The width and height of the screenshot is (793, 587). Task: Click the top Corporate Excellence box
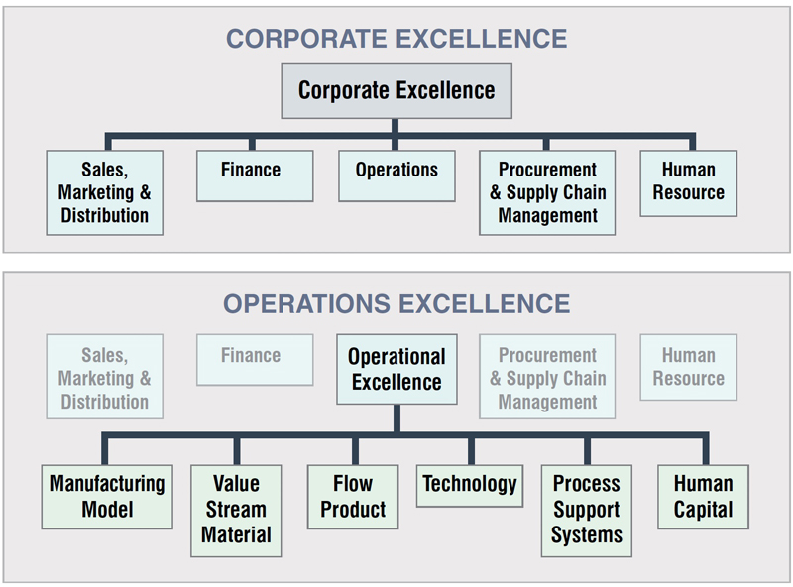pos(396,91)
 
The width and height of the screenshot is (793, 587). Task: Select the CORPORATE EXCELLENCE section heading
pos(396,39)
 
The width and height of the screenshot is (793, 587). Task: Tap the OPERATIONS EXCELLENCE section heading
pos(396,304)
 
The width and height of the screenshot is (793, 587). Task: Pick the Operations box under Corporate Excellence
pos(396,176)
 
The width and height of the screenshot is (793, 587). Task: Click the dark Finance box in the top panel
pos(255,176)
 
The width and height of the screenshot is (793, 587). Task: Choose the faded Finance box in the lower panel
pos(255,360)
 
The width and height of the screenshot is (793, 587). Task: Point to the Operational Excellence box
pos(397,369)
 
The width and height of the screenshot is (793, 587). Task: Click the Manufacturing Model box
pos(107,497)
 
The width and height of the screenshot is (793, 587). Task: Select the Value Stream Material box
pos(236,511)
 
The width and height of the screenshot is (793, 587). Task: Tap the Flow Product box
pos(353,497)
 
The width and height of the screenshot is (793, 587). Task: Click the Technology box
pos(470,486)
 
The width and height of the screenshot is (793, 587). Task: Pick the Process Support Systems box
pos(587,511)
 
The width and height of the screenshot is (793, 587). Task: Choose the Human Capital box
pos(704,497)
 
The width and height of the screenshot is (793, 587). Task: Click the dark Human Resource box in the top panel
pos(689,183)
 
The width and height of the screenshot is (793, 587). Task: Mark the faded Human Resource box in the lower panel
pos(689,368)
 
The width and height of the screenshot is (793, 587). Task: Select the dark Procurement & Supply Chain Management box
pos(547,192)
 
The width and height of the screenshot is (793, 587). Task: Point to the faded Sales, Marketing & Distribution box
pos(105,377)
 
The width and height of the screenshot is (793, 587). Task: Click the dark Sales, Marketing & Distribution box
pos(105,192)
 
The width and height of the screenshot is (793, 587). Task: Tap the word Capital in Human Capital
pos(703,510)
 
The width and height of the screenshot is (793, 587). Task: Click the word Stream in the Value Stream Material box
pos(236,509)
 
